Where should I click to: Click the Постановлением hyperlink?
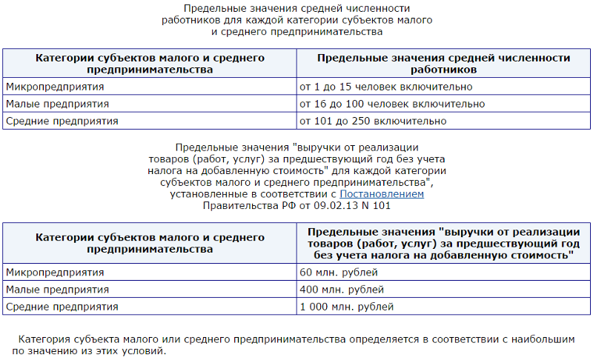(382, 193)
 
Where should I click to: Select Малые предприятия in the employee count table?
(57, 104)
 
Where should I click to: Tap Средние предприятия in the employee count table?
(62, 121)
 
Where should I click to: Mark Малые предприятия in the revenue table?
(57, 289)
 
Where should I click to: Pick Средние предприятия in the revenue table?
(62, 306)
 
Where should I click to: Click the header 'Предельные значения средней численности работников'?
(443, 64)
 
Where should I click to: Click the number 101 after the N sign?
(380, 205)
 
